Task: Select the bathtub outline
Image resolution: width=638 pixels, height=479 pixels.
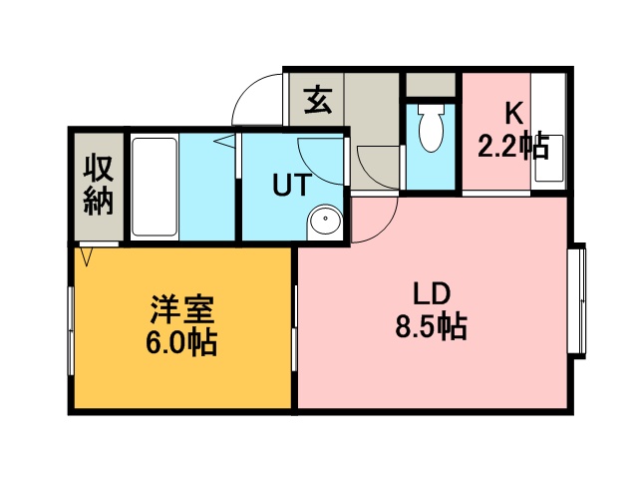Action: [x=155, y=187]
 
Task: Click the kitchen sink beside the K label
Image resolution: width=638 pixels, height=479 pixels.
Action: [x=549, y=158]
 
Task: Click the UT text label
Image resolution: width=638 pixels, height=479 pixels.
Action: [x=292, y=185]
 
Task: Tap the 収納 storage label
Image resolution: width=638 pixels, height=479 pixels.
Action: [x=99, y=186]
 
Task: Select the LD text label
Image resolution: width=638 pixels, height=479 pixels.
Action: [x=432, y=293]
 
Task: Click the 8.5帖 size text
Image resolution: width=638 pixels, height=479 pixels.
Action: [x=432, y=326]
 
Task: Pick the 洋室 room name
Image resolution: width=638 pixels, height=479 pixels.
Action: [x=181, y=309]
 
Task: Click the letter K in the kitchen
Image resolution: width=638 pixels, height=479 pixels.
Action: [x=514, y=113]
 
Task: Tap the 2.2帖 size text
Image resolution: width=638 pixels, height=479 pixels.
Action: [x=513, y=146]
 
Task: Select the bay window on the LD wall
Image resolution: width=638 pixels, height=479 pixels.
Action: [x=576, y=300]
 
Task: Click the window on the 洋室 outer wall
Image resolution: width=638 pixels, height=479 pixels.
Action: [x=71, y=330]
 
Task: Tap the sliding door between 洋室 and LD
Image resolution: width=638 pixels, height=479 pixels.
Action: [x=295, y=328]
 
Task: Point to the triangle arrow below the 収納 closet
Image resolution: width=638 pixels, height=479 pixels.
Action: [x=87, y=256]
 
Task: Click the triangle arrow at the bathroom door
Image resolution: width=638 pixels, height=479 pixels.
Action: [x=224, y=142]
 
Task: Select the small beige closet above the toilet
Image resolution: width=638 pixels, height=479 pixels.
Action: [x=431, y=85]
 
